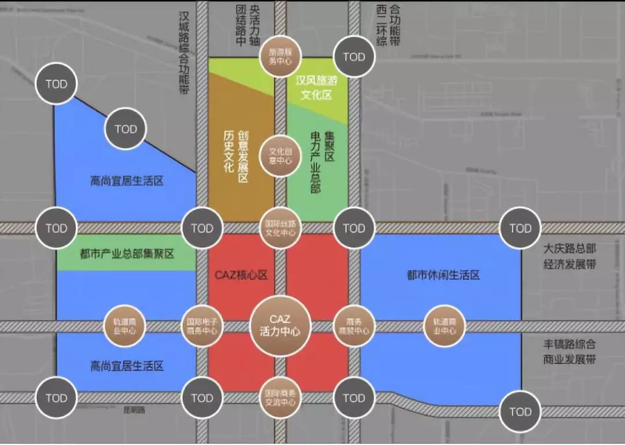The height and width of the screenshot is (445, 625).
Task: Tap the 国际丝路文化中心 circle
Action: (x=281, y=227)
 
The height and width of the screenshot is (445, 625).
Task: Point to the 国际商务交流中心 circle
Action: (x=281, y=397)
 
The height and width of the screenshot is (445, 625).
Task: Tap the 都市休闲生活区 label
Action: (x=443, y=275)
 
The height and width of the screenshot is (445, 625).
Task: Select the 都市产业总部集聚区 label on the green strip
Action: (x=127, y=253)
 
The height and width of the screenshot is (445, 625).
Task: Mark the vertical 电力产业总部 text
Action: (x=316, y=162)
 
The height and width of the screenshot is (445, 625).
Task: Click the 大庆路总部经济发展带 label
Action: (x=570, y=256)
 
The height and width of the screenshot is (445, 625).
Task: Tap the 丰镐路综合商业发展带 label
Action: (x=570, y=351)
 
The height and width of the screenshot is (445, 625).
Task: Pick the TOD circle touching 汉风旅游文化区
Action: (x=354, y=57)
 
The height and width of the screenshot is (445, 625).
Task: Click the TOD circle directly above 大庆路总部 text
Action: (x=520, y=228)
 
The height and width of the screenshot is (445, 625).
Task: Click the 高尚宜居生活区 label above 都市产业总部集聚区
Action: (x=127, y=181)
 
